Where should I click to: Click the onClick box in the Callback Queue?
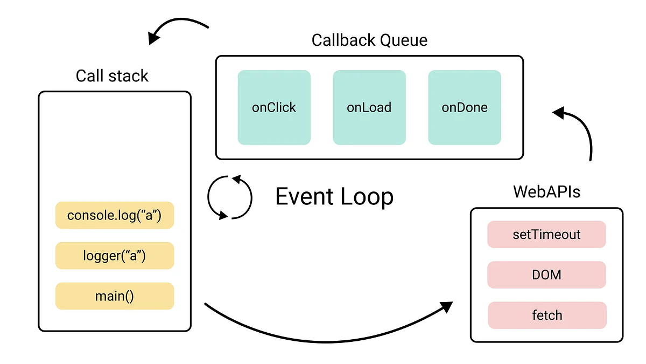(274, 107)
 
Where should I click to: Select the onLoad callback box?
(369, 107)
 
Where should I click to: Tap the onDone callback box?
(465, 107)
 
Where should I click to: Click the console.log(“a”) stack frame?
(115, 215)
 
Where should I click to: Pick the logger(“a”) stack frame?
(115, 256)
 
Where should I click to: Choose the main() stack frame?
(115, 296)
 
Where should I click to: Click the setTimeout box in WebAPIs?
(547, 235)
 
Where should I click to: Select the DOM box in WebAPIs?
(547, 275)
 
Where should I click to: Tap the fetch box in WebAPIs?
(547, 315)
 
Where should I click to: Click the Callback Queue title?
(369, 40)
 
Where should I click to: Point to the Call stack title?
(112, 76)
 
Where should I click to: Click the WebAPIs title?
(546, 192)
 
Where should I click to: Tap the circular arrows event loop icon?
(230, 197)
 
